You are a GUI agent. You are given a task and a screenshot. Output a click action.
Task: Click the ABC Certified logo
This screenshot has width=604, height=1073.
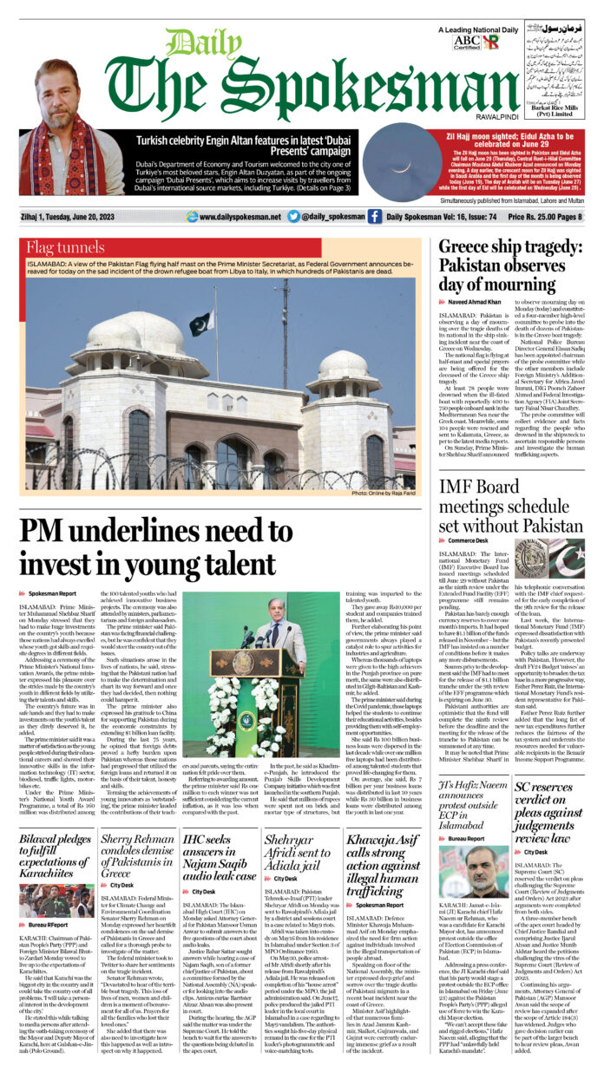(x=465, y=41)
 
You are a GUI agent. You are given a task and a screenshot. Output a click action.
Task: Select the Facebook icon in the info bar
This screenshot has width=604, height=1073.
(x=374, y=216)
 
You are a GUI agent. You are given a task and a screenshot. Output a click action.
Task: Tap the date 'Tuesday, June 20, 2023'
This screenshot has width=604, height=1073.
(x=87, y=217)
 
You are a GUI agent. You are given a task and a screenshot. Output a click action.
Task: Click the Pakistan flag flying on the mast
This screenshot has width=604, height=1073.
(x=200, y=324)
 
